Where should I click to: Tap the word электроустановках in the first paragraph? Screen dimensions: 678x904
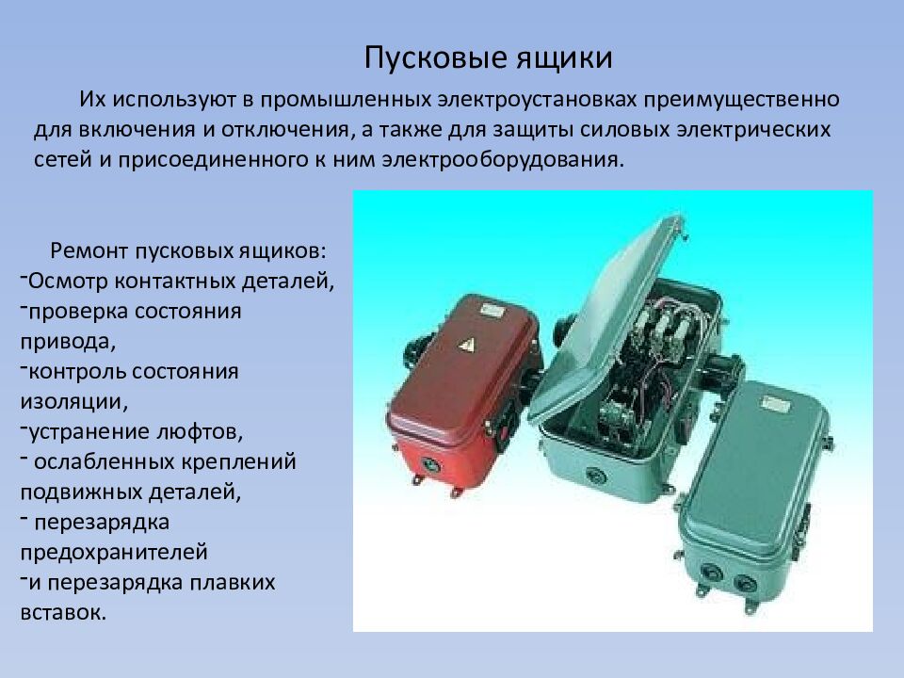tap(532, 98)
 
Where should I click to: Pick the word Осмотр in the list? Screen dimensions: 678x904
tap(66, 280)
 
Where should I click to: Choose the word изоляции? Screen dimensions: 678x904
tap(68, 400)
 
